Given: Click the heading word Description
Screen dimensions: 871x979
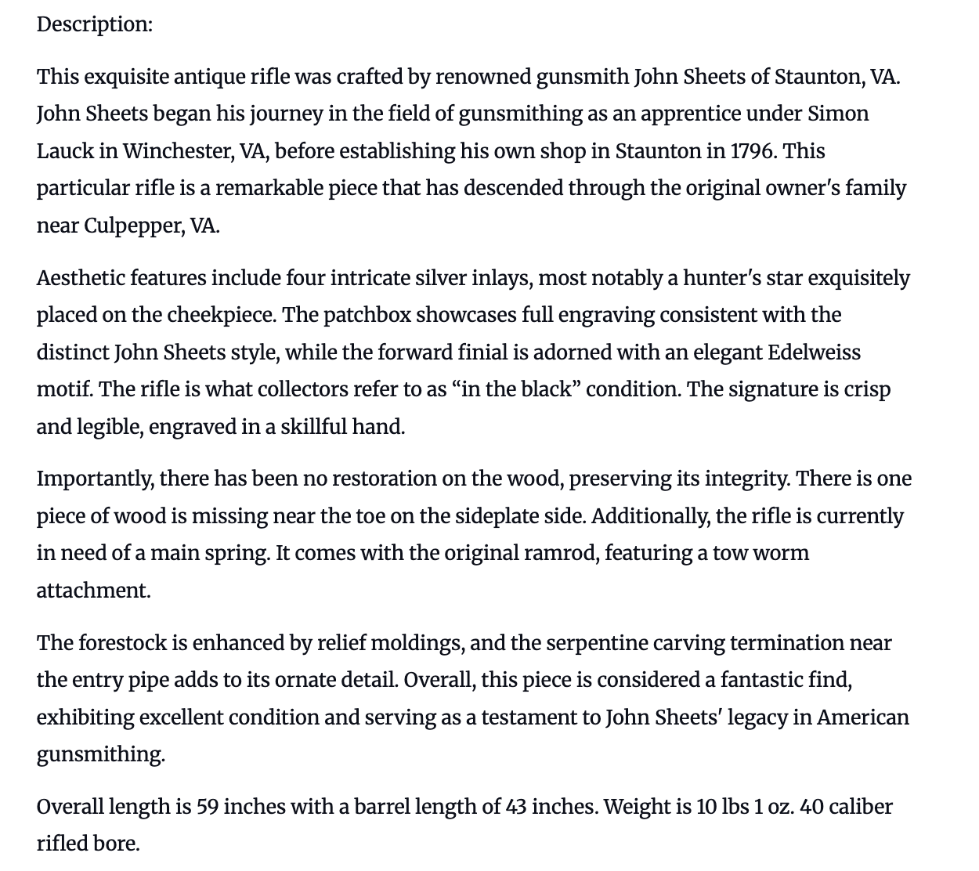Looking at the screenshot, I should pos(94,24).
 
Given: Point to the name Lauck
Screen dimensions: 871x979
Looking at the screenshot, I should pos(65,150).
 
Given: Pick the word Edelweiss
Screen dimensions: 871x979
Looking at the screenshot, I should pos(814,352).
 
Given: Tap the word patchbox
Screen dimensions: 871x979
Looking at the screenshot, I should pos(367,315).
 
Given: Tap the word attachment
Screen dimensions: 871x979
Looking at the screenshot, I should pos(93,591).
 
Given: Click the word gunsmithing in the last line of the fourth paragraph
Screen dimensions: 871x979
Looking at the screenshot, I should pos(100,754).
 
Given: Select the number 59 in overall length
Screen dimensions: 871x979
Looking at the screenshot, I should pos(207,807).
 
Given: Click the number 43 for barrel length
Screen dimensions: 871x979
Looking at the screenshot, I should pos(516,807).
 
